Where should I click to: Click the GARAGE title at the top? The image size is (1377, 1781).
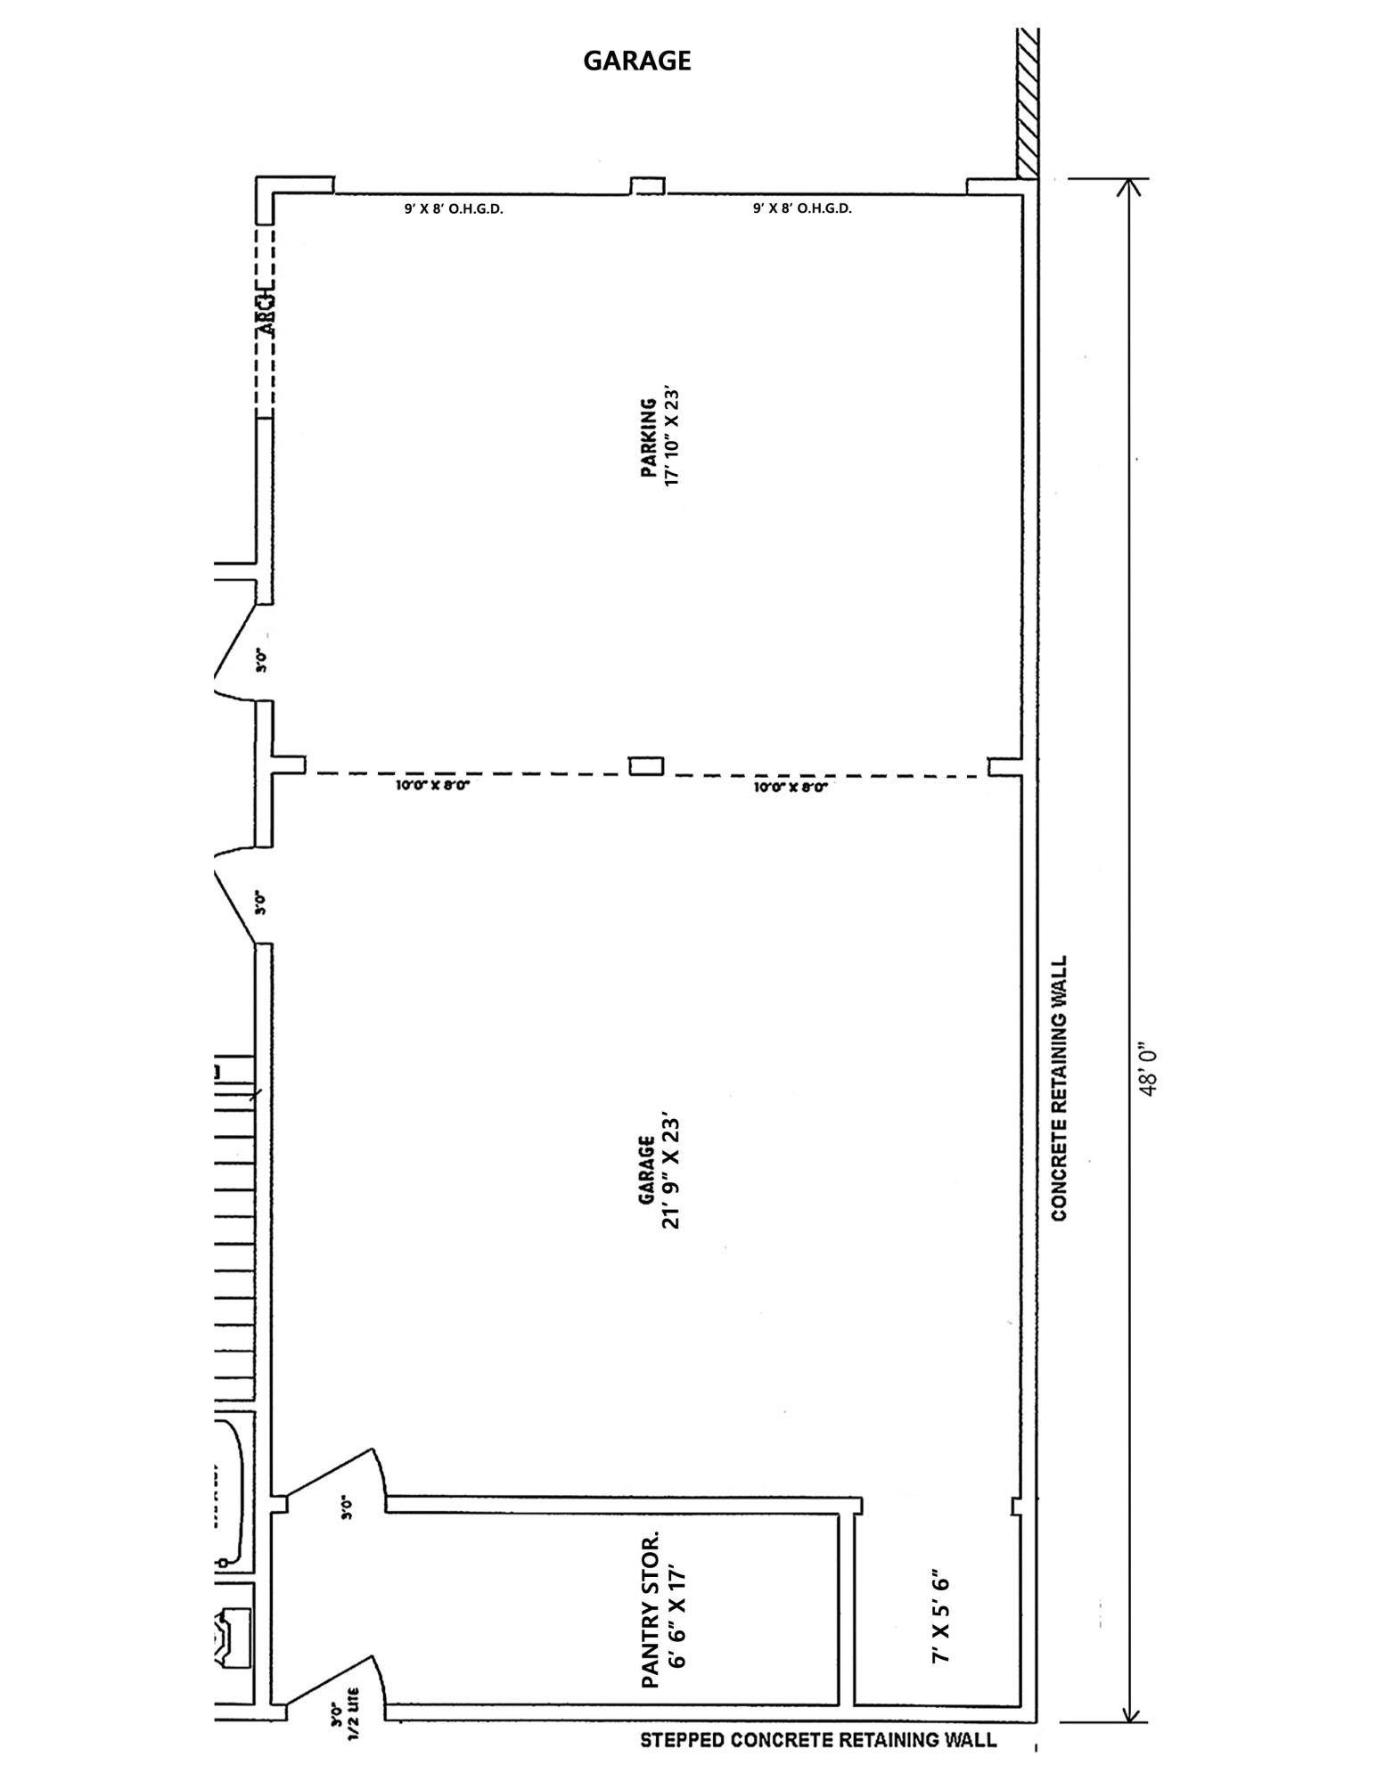[636, 61]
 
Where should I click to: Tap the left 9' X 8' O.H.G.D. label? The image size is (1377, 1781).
[454, 209]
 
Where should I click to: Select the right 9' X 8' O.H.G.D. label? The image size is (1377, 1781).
[802, 209]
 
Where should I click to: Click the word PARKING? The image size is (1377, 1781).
[650, 437]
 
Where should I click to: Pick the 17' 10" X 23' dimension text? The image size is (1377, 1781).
[673, 436]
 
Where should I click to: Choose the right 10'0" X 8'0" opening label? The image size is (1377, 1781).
[791, 788]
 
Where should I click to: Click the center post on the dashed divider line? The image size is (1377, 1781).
[646, 765]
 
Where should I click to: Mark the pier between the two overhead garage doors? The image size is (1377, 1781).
[648, 186]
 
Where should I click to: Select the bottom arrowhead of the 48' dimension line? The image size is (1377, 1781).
[1130, 1716]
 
